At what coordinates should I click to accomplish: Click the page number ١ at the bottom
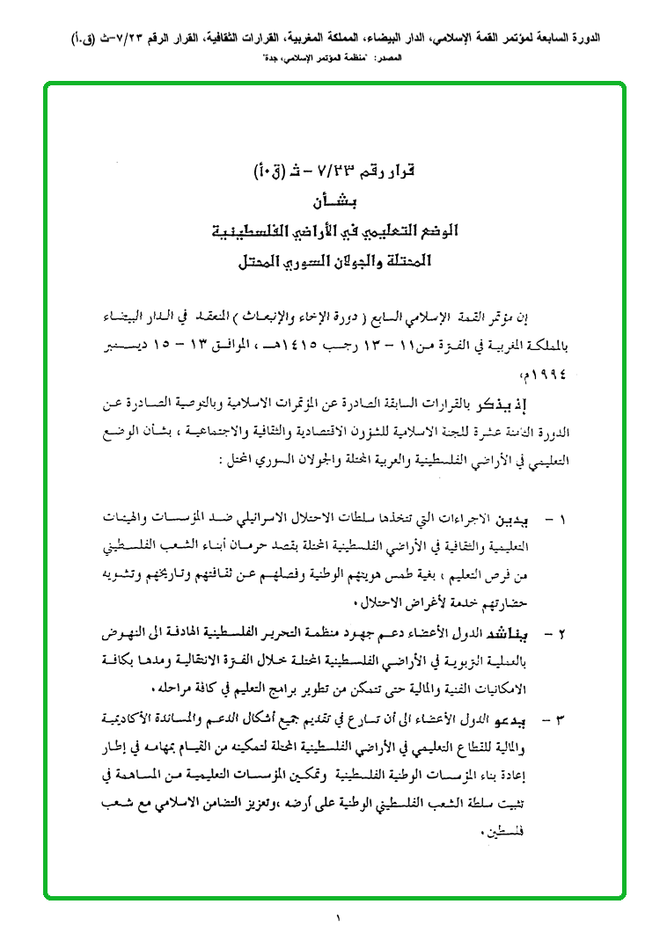click(x=337, y=921)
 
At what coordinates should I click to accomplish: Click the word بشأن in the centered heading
click(x=339, y=199)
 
